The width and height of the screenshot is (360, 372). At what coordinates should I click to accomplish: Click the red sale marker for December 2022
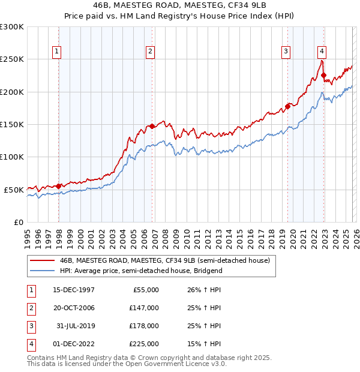coord(323,76)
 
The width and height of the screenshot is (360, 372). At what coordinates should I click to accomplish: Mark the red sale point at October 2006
coord(152,126)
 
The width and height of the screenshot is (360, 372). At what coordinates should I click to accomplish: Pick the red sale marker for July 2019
coord(287,106)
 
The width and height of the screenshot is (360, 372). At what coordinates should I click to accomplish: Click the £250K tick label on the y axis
coord(12,59)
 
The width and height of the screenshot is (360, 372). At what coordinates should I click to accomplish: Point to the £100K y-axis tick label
coord(12,157)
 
